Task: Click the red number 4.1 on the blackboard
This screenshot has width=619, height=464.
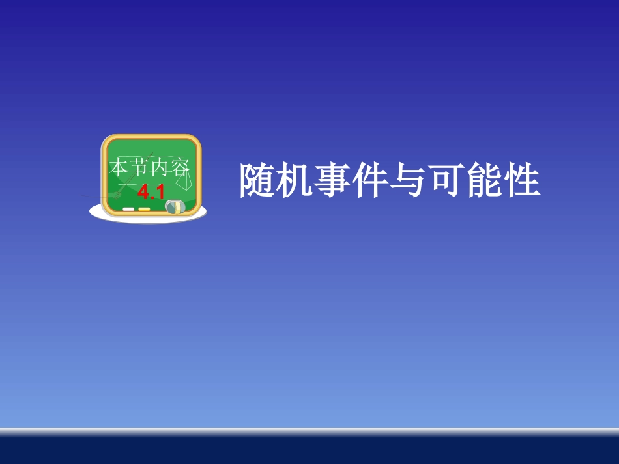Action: tap(151, 193)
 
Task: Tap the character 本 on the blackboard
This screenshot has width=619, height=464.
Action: tap(119, 168)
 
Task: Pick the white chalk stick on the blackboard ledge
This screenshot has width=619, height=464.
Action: tap(128, 209)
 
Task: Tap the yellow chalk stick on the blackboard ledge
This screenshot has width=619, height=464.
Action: tap(144, 209)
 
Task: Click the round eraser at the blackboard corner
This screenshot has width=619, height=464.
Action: tap(174, 207)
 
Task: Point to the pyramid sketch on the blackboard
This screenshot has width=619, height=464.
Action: tap(186, 184)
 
